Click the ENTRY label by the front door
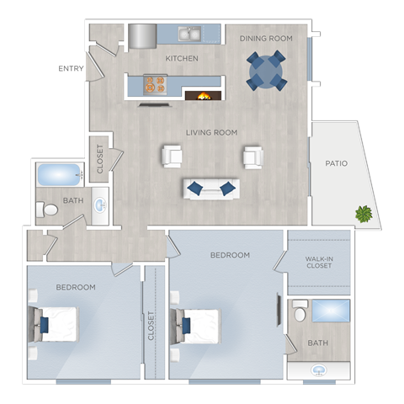pos(72,69)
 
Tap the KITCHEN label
pos(182,58)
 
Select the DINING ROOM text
pos(265,39)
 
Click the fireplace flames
pos(203,94)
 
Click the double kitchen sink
pos(190,35)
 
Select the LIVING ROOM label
pos(212,132)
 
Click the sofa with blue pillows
pos(211,188)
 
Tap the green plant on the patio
pos(363,214)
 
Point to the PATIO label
pos(337,163)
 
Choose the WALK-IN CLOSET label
pos(319,262)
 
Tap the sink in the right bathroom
pos(319,369)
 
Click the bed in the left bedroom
pos(56,324)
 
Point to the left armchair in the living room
pos(173,156)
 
